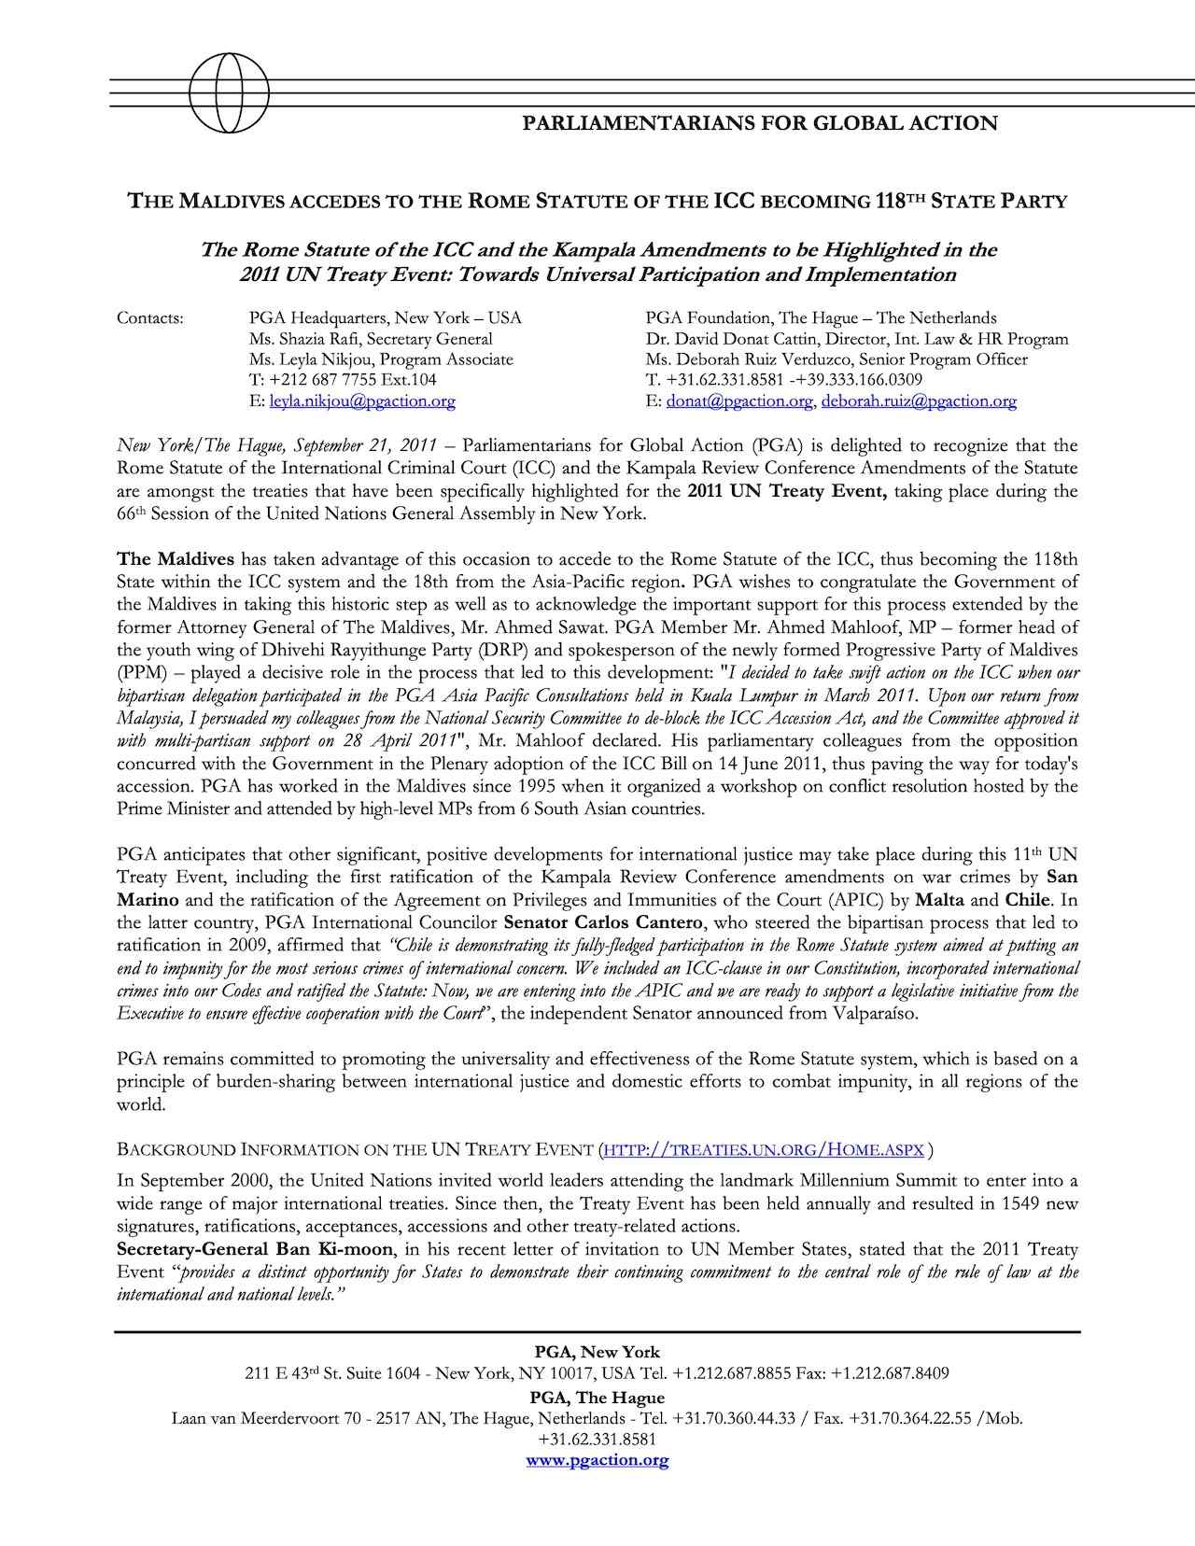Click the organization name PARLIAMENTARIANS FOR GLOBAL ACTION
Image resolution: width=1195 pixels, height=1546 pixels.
tap(758, 123)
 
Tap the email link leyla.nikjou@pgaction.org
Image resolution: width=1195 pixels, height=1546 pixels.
tap(362, 401)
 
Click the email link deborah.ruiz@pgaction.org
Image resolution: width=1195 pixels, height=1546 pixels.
tap(919, 401)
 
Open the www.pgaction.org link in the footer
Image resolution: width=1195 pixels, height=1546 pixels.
tap(597, 1460)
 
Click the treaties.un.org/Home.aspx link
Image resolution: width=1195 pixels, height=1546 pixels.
tap(764, 1149)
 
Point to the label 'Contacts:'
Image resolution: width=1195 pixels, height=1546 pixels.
tap(150, 318)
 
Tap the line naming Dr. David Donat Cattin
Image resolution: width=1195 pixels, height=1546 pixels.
tap(856, 339)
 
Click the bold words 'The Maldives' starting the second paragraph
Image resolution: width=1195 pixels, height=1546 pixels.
tap(176, 559)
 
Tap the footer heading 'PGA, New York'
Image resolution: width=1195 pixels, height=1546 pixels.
tap(597, 1352)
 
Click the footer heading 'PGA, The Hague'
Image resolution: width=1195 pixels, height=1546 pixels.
tap(597, 1398)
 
